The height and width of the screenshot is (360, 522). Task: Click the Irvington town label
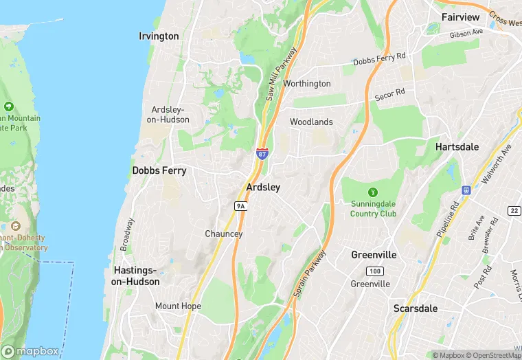[x=159, y=36]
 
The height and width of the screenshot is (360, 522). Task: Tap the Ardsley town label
[x=263, y=187]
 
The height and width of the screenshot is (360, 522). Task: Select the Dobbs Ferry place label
[x=159, y=170]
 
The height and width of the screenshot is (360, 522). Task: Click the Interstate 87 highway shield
[x=262, y=154]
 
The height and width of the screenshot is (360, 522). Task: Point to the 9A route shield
[x=240, y=205]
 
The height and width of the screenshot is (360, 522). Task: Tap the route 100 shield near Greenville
[x=374, y=271]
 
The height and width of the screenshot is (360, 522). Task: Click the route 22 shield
[x=514, y=210]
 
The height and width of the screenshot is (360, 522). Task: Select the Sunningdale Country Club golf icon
[x=373, y=192]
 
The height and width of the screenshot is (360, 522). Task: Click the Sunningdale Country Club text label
[x=374, y=209]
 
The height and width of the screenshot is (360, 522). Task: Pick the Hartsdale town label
[x=457, y=147]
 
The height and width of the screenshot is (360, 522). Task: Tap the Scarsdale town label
[x=416, y=308]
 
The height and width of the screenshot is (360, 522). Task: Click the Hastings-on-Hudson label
[x=137, y=276]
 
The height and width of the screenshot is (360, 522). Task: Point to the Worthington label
[x=307, y=84]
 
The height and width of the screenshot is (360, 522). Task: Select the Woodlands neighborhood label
[x=311, y=122]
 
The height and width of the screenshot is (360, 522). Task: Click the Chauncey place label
[x=224, y=234]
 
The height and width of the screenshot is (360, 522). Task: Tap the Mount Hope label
[x=177, y=306]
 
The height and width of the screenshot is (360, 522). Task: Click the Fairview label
[x=461, y=16]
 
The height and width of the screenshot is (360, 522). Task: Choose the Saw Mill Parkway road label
[x=280, y=75]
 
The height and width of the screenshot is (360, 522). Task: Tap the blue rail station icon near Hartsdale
[x=466, y=190]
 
